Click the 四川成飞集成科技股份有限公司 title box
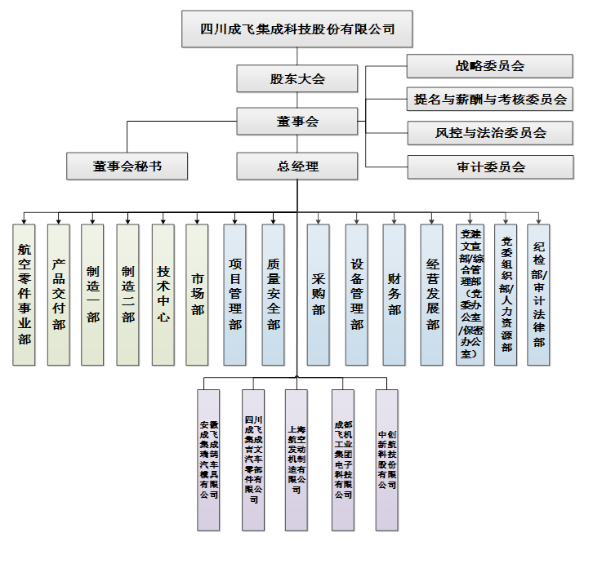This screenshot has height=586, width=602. [297, 30]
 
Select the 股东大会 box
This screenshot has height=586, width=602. [297, 79]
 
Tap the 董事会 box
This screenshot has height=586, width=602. [297, 122]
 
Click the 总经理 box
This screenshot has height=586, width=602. [297, 167]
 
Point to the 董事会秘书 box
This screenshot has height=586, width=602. [127, 166]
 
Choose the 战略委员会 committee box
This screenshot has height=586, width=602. [490, 67]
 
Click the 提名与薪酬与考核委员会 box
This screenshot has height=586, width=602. [490, 100]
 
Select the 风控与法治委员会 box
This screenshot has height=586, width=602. [490, 133]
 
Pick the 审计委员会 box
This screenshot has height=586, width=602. [490, 167]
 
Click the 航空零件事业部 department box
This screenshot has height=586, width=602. [24, 295]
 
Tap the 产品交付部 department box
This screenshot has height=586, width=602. [58, 295]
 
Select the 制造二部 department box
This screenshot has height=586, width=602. [127, 295]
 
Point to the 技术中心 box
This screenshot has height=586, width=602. [163, 295]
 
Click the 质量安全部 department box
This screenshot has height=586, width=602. [273, 295]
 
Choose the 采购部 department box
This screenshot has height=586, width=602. [318, 295]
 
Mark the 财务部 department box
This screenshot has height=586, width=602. [394, 295]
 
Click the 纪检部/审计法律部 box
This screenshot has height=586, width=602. [538, 295]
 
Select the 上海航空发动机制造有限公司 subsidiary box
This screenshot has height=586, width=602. [296, 459]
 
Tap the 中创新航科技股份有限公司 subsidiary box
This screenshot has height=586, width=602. [386, 459]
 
